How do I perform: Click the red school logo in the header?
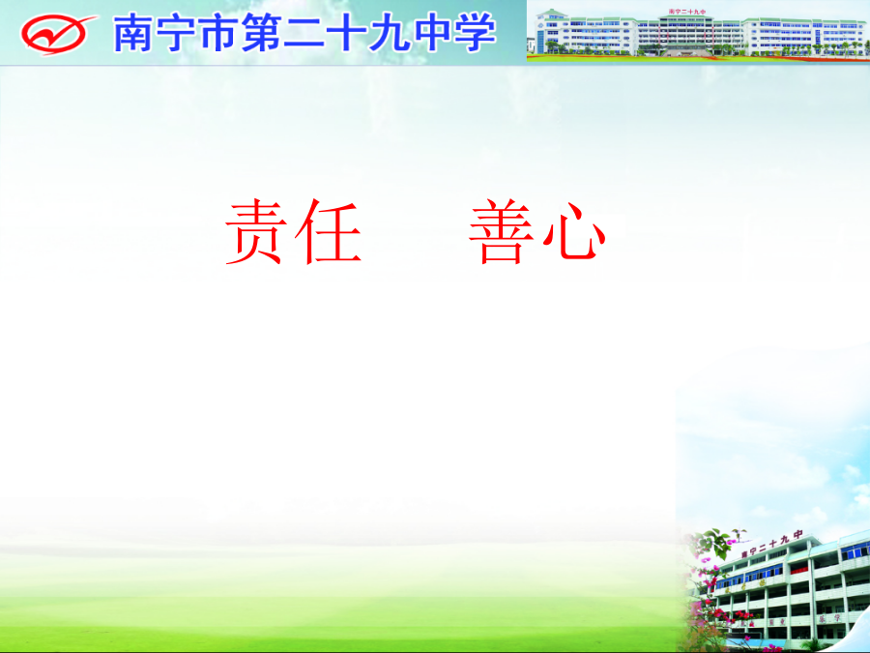[x=58, y=35]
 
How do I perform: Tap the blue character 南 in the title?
[x=133, y=33]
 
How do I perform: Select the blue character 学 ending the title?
[x=476, y=33]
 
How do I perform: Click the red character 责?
[x=256, y=231]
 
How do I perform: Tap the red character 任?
[x=329, y=231]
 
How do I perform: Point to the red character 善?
[x=501, y=231]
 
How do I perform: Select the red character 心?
[x=574, y=232]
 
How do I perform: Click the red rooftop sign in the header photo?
[x=687, y=12]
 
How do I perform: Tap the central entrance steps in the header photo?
[x=687, y=51]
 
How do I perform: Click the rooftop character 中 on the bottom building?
[x=797, y=536]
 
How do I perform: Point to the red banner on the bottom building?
[x=799, y=570]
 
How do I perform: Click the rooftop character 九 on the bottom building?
[x=785, y=540]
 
